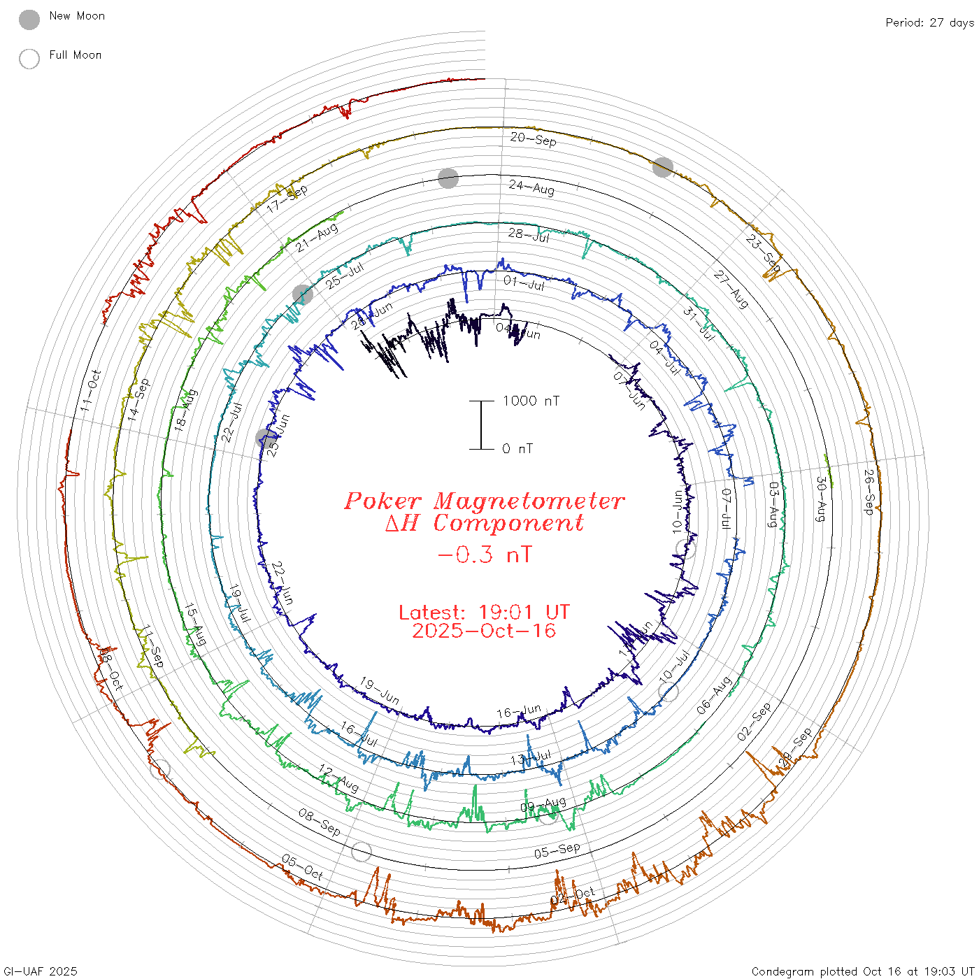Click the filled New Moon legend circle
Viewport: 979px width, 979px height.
tap(29, 20)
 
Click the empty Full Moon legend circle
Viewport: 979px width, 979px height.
tap(29, 59)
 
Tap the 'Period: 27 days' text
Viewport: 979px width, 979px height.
tap(929, 22)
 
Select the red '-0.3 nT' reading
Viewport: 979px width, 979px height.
tap(484, 555)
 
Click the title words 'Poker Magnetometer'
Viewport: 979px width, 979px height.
tap(484, 501)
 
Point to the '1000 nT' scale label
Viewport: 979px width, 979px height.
tap(531, 401)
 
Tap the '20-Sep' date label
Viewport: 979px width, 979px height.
tap(533, 139)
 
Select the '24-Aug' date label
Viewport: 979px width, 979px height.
tap(531, 187)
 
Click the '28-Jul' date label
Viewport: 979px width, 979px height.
tap(529, 235)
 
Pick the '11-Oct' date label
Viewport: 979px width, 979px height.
tap(90, 390)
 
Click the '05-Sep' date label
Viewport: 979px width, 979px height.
tap(557, 851)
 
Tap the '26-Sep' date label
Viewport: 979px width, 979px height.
tap(869, 492)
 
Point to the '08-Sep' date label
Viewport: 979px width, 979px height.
tap(320, 822)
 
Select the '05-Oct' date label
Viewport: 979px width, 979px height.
tap(303, 867)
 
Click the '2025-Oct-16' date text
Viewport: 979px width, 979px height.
tap(484, 631)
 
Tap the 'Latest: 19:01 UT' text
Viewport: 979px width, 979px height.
tap(484, 613)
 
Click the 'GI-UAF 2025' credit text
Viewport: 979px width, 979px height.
tap(40, 971)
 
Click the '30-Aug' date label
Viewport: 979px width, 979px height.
tap(821, 499)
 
